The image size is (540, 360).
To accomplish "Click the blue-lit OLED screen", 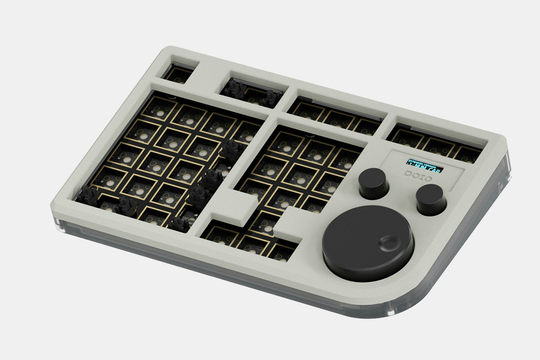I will pyautogui.click(x=425, y=165).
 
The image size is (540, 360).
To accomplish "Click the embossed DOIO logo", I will pyautogui.click(x=418, y=176).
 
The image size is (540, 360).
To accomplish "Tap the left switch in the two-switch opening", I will pyautogui.click(x=233, y=87).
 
